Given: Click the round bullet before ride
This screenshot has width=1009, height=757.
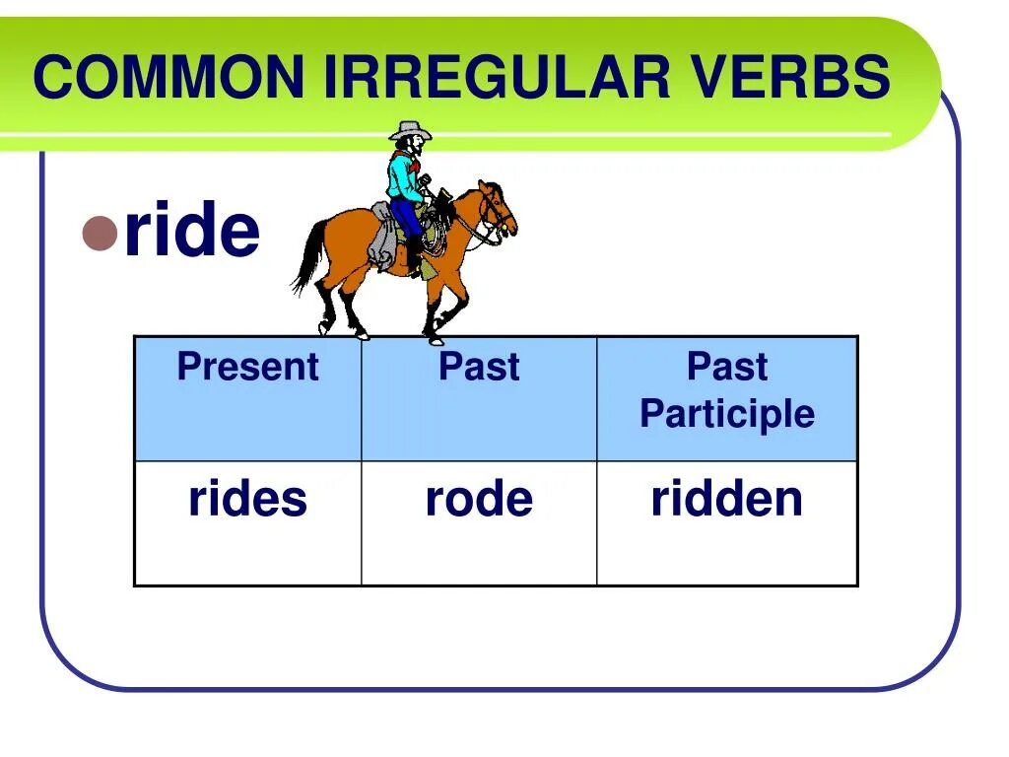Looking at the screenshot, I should [100, 233].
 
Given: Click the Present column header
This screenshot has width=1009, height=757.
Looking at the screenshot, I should [247, 368].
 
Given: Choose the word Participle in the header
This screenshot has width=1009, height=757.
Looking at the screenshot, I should [727, 414].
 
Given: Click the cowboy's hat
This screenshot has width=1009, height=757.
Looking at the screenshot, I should [410, 131].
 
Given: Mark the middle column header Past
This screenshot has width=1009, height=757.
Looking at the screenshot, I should [479, 368].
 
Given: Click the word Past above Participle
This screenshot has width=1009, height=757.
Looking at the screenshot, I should [727, 367].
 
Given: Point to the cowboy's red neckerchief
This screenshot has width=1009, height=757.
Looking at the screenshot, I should [403, 159].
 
